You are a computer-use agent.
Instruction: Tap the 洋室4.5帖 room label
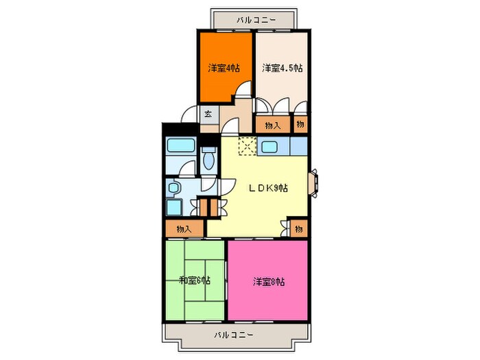[x=283, y=68]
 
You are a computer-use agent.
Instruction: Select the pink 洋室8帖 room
[x=267, y=280]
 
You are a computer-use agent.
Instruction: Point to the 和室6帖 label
[x=194, y=280]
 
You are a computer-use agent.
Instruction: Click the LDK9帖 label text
[x=267, y=188]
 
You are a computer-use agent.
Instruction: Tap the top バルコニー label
[x=256, y=21]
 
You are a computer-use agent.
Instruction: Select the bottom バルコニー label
[x=234, y=335]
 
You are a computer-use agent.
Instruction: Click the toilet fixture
[x=209, y=158]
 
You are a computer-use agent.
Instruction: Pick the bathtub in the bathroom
[x=181, y=145]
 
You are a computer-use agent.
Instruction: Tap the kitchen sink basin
[x=269, y=147]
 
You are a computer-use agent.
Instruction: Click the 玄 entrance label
[x=208, y=115]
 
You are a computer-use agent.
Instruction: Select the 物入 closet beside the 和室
[x=184, y=228]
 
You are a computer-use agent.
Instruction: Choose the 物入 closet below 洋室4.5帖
[x=272, y=125]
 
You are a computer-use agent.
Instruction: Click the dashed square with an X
[x=248, y=146]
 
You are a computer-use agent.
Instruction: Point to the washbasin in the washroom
[x=173, y=188]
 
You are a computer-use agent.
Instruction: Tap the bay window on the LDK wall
[x=313, y=183]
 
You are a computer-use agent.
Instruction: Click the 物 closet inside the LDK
[x=298, y=228]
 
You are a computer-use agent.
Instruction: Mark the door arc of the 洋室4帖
[x=244, y=89]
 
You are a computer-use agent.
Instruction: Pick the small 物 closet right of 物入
[x=300, y=125]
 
